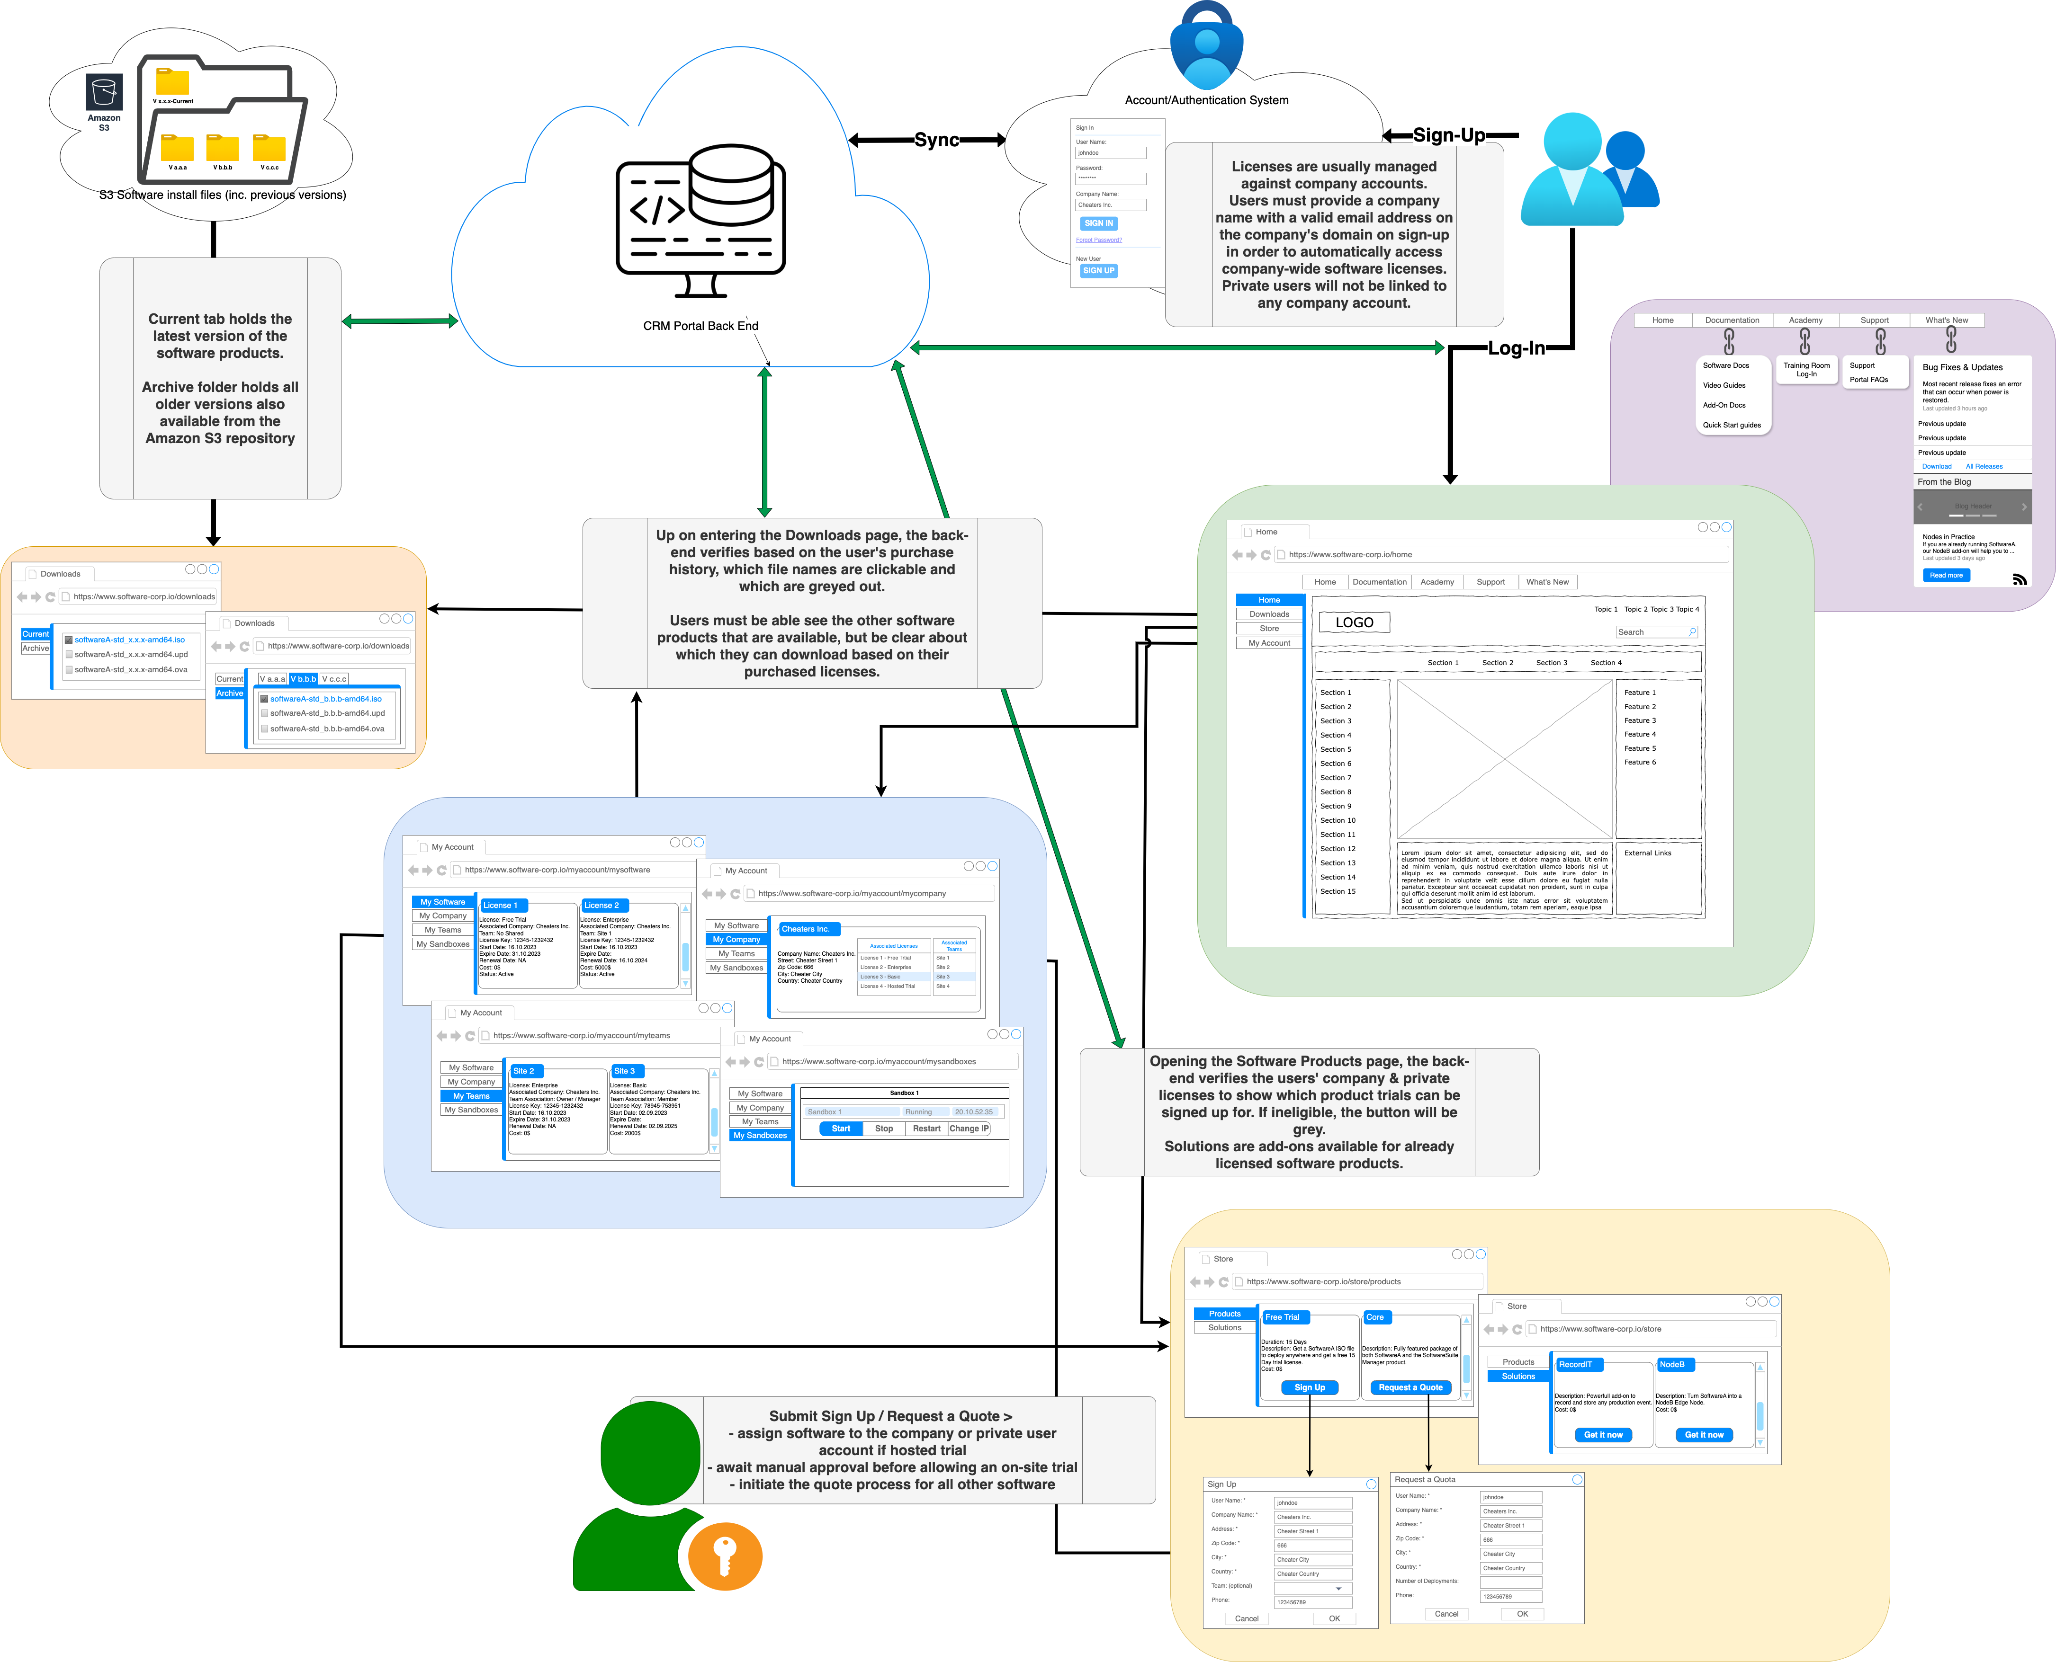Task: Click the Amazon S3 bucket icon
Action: tap(103, 93)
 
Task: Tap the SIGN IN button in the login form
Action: tap(1098, 223)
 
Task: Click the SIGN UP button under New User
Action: tap(1098, 271)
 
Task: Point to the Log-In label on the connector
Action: tap(1516, 348)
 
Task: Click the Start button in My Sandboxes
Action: tap(841, 1129)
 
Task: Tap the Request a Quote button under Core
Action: tap(1410, 1387)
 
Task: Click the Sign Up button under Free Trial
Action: tap(1309, 1387)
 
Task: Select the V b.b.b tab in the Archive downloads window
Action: tap(303, 679)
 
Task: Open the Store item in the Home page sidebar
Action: tap(1269, 628)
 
